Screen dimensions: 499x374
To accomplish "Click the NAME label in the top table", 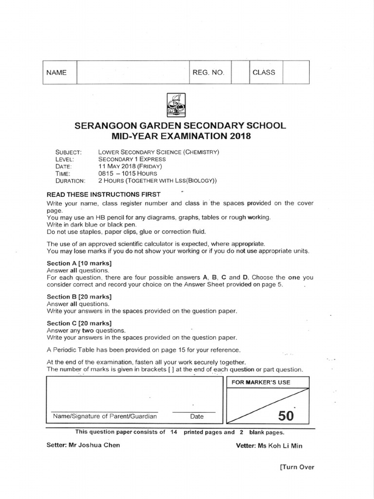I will pyautogui.click(x=56, y=73).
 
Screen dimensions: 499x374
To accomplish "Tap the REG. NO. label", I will pyautogui.click(x=208, y=73).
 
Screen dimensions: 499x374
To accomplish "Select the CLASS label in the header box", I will pyautogui.click(x=263, y=72).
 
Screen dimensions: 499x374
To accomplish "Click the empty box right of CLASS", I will pyautogui.click(x=296, y=72).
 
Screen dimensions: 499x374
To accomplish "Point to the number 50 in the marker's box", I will pyautogui.click(x=286, y=416).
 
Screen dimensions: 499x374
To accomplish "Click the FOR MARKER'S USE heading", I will pyautogui.click(x=261, y=383).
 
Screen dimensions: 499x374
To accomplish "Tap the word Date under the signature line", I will pyautogui.click(x=197, y=416).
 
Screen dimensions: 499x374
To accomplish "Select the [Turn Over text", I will pyautogui.click(x=297, y=467).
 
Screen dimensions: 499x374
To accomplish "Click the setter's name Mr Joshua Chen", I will pyautogui.click(x=99, y=445).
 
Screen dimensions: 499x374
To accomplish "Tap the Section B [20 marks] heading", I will pyautogui.click(x=79, y=296).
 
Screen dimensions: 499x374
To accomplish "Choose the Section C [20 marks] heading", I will pyautogui.click(x=79, y=323).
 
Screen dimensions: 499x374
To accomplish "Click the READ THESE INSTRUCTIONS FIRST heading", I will pyautogui.click(x=103, y=194).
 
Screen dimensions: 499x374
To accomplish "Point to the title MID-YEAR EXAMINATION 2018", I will pyautogui.click(x=180, y=136).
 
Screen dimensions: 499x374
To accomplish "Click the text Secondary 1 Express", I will pyautogui.click(x=131, y=159).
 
